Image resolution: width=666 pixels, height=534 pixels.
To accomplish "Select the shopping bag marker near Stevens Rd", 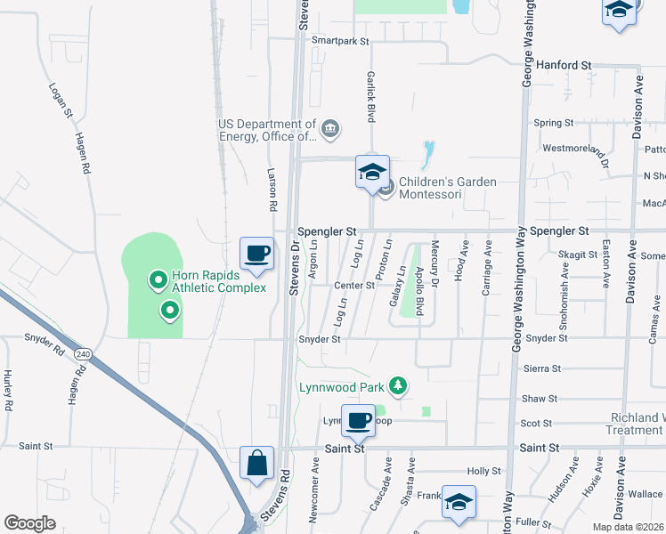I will tap(256, 464).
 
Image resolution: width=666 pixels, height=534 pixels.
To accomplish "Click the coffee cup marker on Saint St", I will tap(359, 421).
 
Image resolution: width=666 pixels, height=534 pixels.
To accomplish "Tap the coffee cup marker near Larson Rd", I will tap(256, 254).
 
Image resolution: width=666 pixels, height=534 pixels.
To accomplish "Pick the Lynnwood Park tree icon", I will tap(400, 386).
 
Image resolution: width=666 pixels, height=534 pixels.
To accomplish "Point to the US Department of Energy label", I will tap(268, 130).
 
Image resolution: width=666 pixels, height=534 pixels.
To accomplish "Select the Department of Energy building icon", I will tap(330, 130).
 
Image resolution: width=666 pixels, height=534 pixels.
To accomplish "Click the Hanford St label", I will tap(565, 65).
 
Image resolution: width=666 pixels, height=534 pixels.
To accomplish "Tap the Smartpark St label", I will tap(340, 41).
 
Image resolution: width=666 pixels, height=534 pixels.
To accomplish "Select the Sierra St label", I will tap(542, 368).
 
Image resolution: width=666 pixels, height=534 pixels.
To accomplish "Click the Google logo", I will tap(29, 523).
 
